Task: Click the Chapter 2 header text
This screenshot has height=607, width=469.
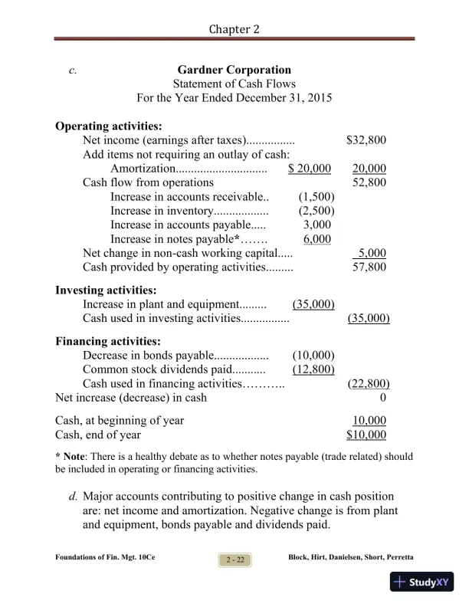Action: pyautogui.click(x=234, y=28)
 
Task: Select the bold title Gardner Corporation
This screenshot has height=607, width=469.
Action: pyautogui.click(x=234, y=71)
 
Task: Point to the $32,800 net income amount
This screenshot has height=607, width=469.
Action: pyautogui.click(x=366, y=140)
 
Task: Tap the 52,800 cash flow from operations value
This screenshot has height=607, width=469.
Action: pyautogui.click(x=369, y=182)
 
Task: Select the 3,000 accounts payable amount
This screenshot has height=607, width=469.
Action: pyautogui.click(x=316, y=225)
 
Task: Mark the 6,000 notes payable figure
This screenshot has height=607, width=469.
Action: pyautogui.click(x=316, y=238)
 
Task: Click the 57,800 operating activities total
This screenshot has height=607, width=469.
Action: pyautogui.click(x=369, y=267)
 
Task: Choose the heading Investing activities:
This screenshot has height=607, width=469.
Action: pyautogui.click(x=106, y=290)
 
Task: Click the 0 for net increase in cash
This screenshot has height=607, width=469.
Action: pyautogui.click(x=382, y=398)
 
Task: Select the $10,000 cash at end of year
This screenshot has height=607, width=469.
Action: pyautogui.click(x=366, y=435)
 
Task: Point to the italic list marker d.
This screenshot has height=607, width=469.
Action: pyautogui.click(x=73, y=497)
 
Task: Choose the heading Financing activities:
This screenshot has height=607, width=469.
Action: pyautogui.click(x=107, y=341)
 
